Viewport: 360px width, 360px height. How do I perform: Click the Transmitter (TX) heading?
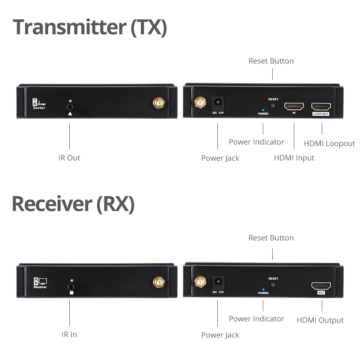pyautogui.click(x=90, y=27)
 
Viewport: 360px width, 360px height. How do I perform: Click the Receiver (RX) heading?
pyautogui.click(x=73, y=204)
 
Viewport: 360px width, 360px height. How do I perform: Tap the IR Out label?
pyautogui.click(x=69, y=158)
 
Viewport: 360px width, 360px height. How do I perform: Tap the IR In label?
pyautogui.click(x=69, y=335)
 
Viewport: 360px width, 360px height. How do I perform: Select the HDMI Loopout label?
pyautogui.click(x=329, y=144)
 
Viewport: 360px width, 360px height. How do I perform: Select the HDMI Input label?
pyautogui.click(x=294, y=157)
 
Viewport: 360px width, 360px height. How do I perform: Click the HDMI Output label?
pyautogui.click(x=320, y=320)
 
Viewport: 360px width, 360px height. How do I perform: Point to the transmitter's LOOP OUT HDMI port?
pyautogui.click(x=321, y=107)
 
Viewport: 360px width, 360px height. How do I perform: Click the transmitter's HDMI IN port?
pyautogui.click(x=294, y=107)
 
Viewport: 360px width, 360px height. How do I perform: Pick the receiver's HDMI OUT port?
pyautogui.click(x=321, y=286)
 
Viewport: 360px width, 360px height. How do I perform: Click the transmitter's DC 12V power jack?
pyautogui.click(x=218, y=103)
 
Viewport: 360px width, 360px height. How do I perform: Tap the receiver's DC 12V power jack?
pyautogui.click(x=218, y=282)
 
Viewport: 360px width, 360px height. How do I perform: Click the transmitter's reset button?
pyautogui.click(x=273, y=105)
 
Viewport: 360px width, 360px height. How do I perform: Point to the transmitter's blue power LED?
pyautogui.click(x=263, y=109)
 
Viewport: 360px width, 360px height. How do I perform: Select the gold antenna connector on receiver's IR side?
pyautogui.click(x=158, y=282)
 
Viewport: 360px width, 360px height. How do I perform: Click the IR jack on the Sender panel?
pyautogui.click(x=70, y=107)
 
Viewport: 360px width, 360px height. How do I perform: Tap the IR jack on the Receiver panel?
pyautogui.click(x=70, y=286)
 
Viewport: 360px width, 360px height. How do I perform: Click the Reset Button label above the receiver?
pyautogui.click(x=271, y=238)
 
